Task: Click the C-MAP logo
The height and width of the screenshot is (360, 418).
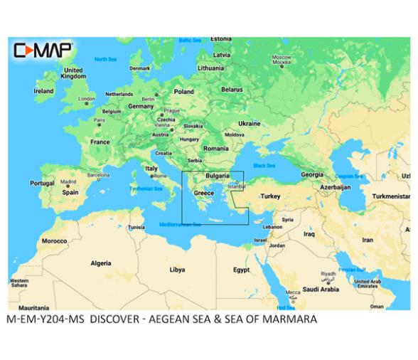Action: coord(43,51)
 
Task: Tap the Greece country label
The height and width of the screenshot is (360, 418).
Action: coord(204,193)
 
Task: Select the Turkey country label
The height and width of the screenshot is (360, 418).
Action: coord(271,196)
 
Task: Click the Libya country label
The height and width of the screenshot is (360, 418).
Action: coord(177,270)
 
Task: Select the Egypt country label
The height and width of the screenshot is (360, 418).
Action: coord(242,270)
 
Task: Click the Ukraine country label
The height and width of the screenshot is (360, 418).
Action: coord(249,123)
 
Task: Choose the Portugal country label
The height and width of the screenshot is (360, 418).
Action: coord(42,183)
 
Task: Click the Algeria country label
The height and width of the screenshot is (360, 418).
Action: coord(101,263)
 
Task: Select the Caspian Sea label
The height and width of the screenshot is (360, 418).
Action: coord(349,175)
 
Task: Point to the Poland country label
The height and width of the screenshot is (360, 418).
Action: coord(183,91)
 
